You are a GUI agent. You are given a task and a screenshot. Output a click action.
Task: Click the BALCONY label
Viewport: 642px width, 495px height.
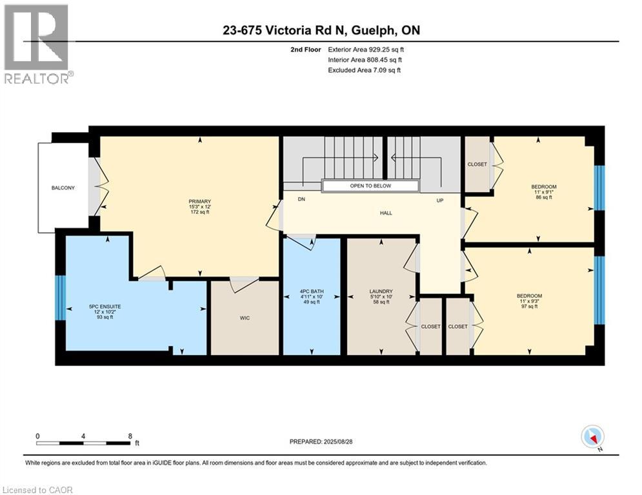coord(63,188)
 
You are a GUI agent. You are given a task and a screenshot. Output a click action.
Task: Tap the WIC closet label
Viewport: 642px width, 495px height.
coord(245,318)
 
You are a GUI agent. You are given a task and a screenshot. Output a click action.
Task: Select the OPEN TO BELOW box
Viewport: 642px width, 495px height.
coord(370,186)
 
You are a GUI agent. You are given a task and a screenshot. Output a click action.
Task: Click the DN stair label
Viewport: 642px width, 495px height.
coord(301,199)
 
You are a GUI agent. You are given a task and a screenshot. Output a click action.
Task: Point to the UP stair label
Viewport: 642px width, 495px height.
coord(440,200)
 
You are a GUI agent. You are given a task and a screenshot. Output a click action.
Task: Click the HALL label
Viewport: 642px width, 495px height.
coord(386,213)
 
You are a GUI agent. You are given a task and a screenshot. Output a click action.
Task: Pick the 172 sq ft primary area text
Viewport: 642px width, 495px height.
coord(200,212)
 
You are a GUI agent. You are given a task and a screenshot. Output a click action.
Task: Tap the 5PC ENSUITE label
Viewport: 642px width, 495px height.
coord(105,306)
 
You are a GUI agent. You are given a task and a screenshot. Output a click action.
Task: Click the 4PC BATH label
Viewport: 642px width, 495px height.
coord(312,292)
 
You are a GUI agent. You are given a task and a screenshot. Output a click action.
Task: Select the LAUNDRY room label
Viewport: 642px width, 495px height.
coord(381,292)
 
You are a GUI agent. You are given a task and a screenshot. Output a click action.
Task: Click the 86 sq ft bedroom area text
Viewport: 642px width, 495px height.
coord(544,197)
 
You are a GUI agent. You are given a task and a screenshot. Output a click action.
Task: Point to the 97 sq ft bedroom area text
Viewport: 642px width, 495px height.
coord(529,306)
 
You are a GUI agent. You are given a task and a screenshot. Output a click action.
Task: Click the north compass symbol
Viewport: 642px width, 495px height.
coord(592,437)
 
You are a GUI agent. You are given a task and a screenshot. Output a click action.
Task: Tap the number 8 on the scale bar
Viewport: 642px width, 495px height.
coord(130,436)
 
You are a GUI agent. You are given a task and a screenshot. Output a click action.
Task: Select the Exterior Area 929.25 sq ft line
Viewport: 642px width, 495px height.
coord(366,50)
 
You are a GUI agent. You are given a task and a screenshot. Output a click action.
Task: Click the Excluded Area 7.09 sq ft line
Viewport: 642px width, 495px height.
coord(365,70)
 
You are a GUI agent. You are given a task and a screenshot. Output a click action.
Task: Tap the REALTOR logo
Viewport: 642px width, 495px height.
coord(37,44)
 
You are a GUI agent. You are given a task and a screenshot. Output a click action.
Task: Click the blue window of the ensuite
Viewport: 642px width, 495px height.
coord(61,298)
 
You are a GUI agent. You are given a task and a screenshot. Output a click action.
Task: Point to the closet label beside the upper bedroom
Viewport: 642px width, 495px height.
coord(477,164)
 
